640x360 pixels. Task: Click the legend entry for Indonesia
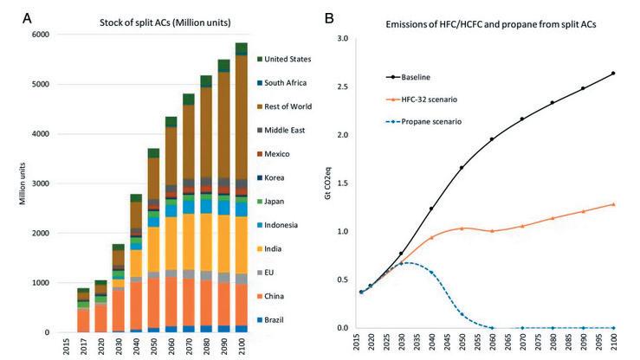click(x=295, y=224)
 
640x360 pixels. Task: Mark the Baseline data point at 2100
click(x=613, y=73)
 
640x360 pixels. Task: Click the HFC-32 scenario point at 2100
click(x=613, y=204)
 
